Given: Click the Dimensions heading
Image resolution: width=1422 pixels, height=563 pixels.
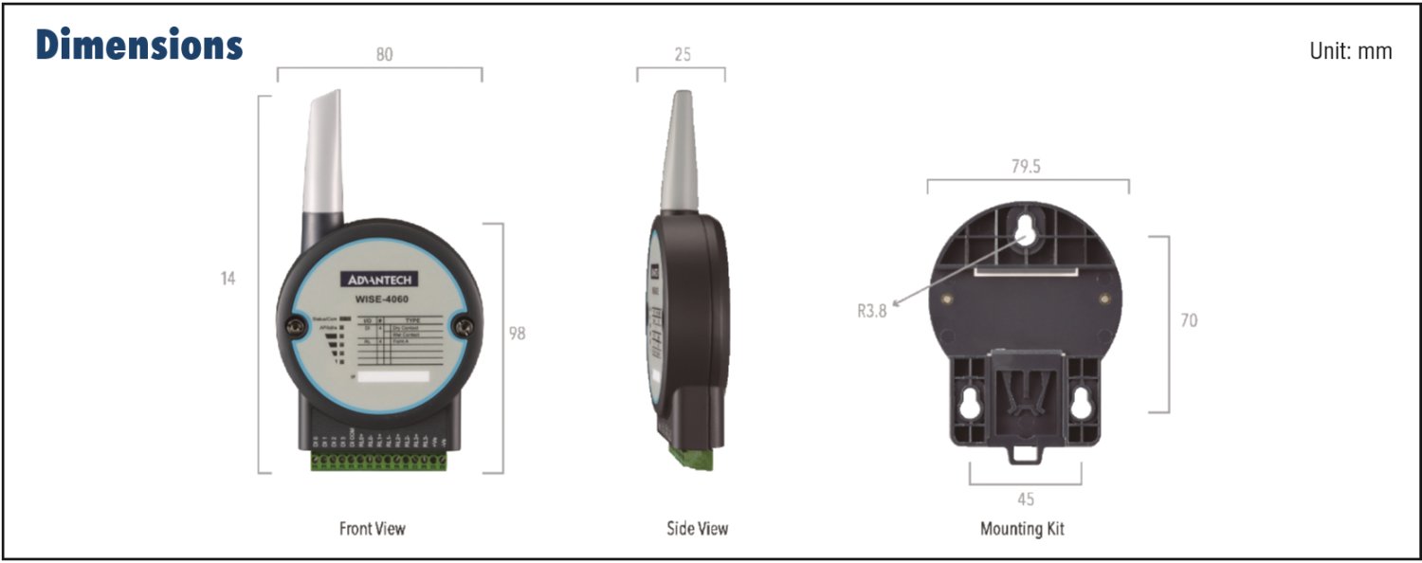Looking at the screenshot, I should (139, 45).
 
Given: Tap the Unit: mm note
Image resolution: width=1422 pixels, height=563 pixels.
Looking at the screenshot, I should (1350, 51).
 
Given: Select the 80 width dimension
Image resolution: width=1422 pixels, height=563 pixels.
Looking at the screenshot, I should (384, 55).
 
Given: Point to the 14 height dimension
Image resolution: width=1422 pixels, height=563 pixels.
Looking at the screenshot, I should (228, 279).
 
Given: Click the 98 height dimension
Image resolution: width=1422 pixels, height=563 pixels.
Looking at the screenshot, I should (517, 334).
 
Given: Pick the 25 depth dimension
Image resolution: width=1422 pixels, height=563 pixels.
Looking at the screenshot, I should (682, 55).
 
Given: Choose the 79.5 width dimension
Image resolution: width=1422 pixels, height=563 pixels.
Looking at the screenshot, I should (1026, 166).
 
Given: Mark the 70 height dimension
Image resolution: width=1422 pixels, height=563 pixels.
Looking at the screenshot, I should (1188, 320).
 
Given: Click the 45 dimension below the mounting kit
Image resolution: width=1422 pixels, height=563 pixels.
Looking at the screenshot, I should (1025, 499).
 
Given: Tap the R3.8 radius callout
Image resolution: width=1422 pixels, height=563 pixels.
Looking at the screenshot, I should (872, 310).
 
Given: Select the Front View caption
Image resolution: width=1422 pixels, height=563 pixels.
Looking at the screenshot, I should (372, 528).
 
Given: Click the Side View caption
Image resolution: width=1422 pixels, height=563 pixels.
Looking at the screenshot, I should (698, 528).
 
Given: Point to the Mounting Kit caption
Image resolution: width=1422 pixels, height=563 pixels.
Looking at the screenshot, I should (1022, 528).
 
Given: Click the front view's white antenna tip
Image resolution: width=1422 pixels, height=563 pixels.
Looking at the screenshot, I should (319, 152).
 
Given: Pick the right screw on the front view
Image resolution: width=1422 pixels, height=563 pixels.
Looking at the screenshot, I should (464, 327).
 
